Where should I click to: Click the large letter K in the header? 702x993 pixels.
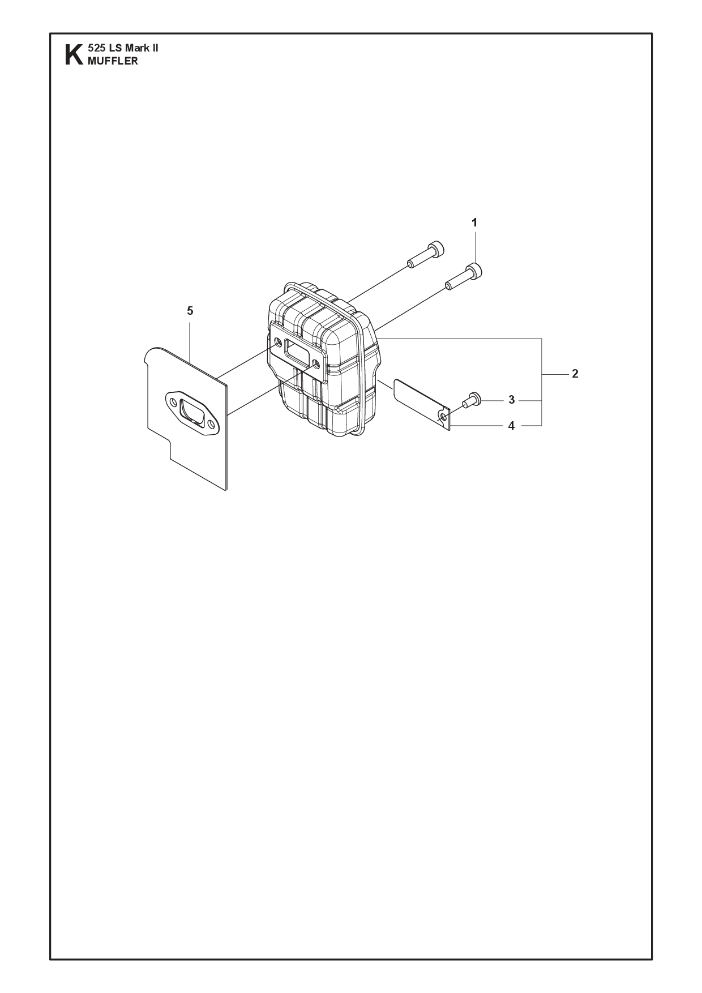[73, 55]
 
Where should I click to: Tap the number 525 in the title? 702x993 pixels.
[95, 48]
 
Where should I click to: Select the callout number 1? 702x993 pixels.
[474, 223]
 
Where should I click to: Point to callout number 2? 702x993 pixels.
[575, 374]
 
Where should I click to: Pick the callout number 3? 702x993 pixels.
[511, 400]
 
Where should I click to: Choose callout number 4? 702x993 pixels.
[511, 426]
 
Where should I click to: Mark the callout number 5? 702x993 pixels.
[190, 311]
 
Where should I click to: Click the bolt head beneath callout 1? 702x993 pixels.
[475, 272]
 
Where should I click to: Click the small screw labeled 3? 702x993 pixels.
[471, 400]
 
